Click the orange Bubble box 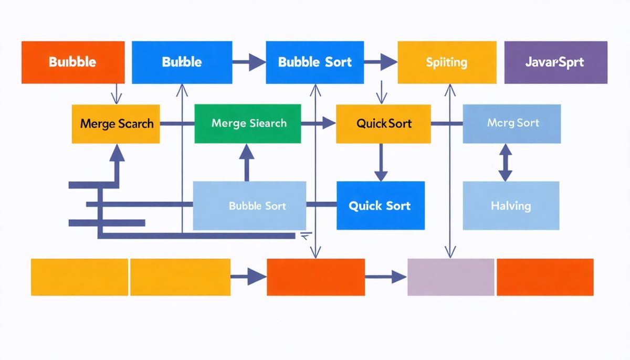click(x=73, y=62)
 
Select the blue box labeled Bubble click(x=182, y=62)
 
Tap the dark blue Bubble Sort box click(x=315, y=62)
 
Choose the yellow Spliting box click(x=447, y=62)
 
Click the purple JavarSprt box click(x=555, y=62)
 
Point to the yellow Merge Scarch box click(x=116, y=124)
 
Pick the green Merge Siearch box click(x=248, y=123)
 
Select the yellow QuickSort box click(x=383, y=124)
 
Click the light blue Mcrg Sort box click(x=512, y=123)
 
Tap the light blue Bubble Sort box click(x=250, y=205)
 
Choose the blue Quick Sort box click(x=380, y=205)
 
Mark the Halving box click(x=511, y=205)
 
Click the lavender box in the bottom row click(x=451, y=277)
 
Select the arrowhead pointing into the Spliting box click(x=388, y=62)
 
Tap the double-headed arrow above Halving click(x=505, y=163)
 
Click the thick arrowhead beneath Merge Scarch click(x=117, y=153)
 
